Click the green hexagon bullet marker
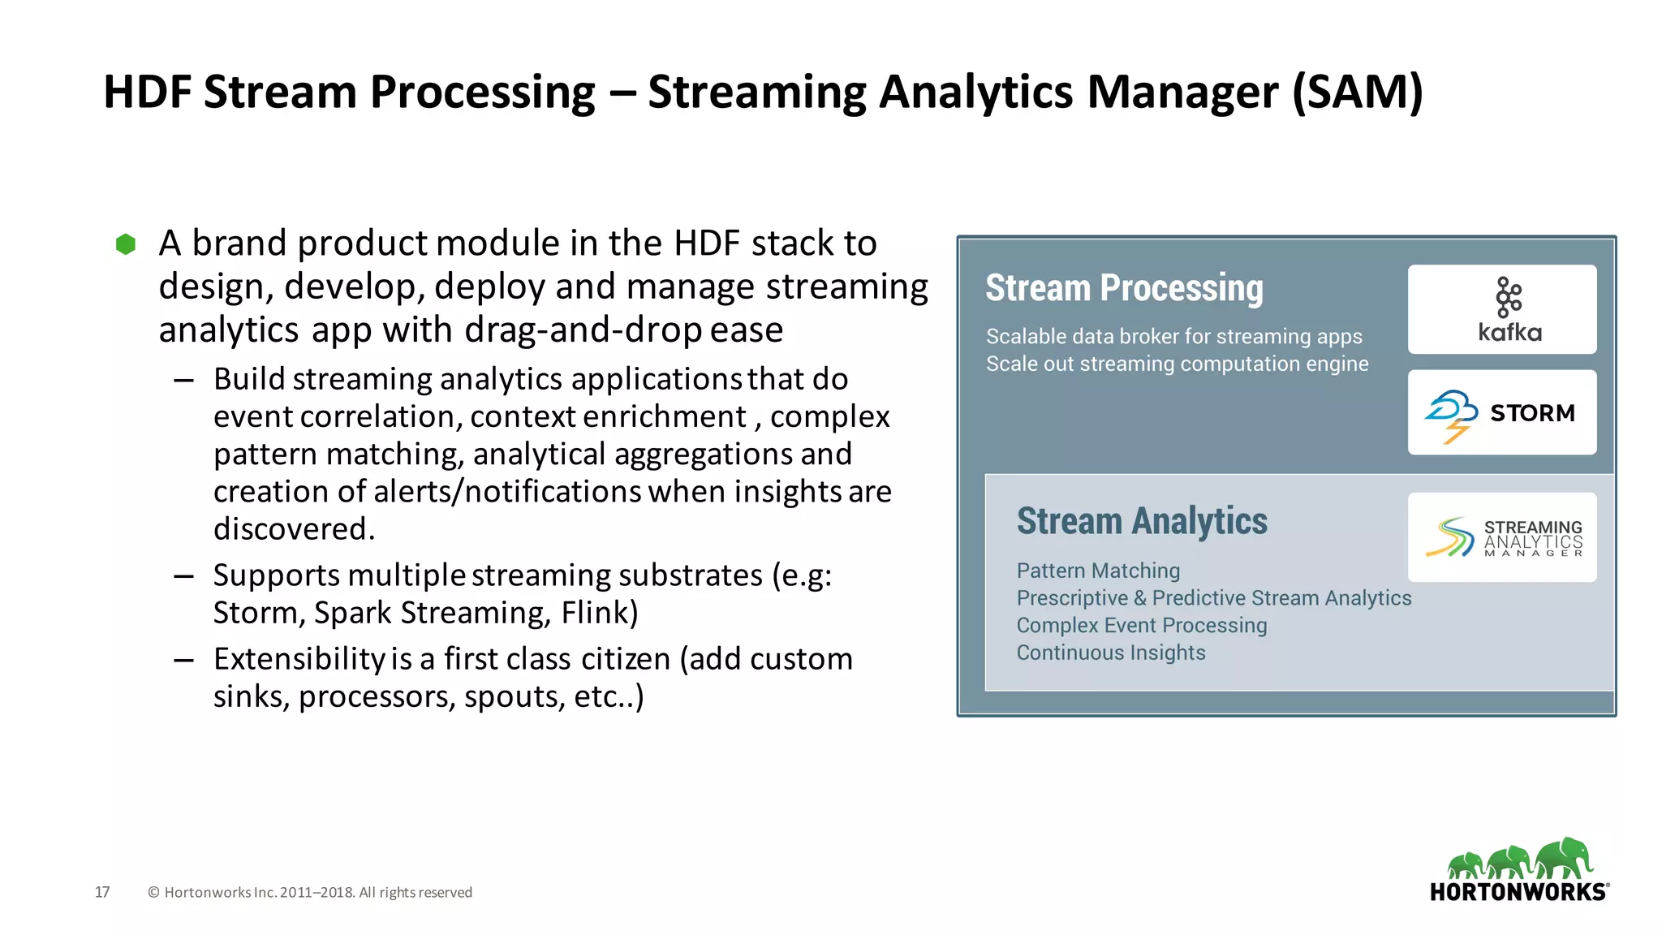coord(126,244)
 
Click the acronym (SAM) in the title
coord(1357,92)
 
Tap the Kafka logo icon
coord(1509,297)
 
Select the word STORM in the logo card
coord(1532,413)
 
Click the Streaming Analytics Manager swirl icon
coord(1450,537)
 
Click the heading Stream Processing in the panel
coord(1124,288)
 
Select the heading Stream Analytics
coord(1142,521)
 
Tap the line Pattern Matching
coord(1098,571)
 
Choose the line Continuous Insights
coord(1110,653)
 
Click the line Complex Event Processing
coord(1141,625)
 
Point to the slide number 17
coord(102,892)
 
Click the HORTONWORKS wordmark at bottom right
coord(1518,892)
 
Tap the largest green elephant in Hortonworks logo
coord(1565,858)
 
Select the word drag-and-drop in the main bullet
coord(583,330)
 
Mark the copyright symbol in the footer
coord(153,893)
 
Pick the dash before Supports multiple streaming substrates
coord(183,576)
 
